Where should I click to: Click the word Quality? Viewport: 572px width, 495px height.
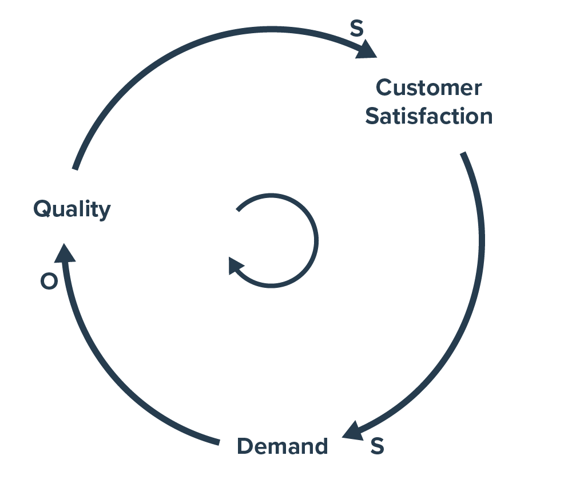[71, 209]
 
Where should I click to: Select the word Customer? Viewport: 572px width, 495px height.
[428, 88]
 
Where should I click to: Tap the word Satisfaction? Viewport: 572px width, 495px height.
[428, 116]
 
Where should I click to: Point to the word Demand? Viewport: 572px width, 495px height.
[283, 446]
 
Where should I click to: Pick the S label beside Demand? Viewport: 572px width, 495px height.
[376, 446]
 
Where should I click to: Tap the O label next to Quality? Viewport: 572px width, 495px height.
[49, 282]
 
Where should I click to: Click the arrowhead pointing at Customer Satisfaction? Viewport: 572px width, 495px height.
[366, 50]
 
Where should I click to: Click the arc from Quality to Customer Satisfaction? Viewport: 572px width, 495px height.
[189, 52]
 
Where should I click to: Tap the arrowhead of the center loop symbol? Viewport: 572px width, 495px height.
[235, 266]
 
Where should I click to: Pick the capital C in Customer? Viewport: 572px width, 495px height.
[384, 88]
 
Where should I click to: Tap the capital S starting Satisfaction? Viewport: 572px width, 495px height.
[372, 116]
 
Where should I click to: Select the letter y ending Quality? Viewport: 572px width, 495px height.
[104, 212]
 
